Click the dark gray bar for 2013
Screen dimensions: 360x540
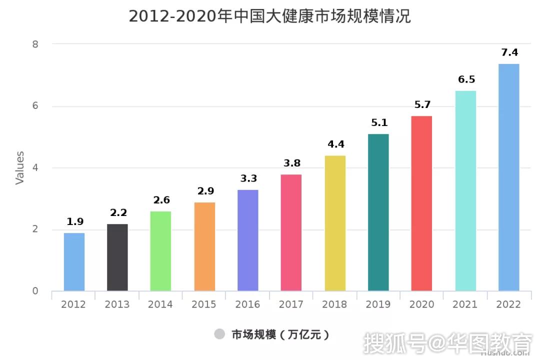(117, 257)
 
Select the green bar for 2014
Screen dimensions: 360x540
(161, 251)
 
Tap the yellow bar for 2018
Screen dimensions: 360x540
(335, 223)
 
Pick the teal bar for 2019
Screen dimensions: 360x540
(378, 212)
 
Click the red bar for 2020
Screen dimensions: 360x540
(421, 203)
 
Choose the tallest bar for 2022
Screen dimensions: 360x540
(509, 177)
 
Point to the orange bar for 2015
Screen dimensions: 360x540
(204, 246)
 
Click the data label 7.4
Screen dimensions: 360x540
(509, 52)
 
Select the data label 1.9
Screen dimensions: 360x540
(75, 221)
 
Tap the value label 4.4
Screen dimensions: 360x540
(335, 144)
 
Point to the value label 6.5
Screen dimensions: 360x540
(466, 79)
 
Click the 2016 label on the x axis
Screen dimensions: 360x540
(247, 304)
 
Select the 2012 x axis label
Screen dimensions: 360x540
(73, 304)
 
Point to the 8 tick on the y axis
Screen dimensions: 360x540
(35, 44)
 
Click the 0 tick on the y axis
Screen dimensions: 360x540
(35, 291)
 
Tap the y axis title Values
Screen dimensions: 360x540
(20, 168)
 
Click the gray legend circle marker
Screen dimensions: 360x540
(219, 334)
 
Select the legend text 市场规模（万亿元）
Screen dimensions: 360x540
(280, 334)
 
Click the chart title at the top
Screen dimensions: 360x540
(269, 16)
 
